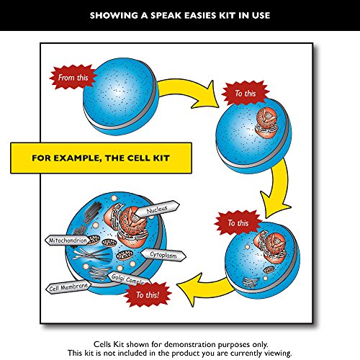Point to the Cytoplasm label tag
coord(167,254)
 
